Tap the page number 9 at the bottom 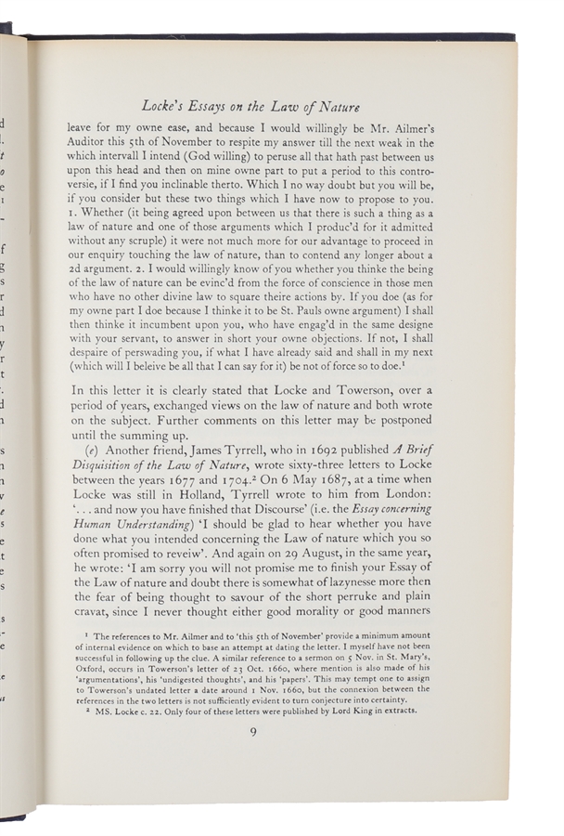252,732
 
